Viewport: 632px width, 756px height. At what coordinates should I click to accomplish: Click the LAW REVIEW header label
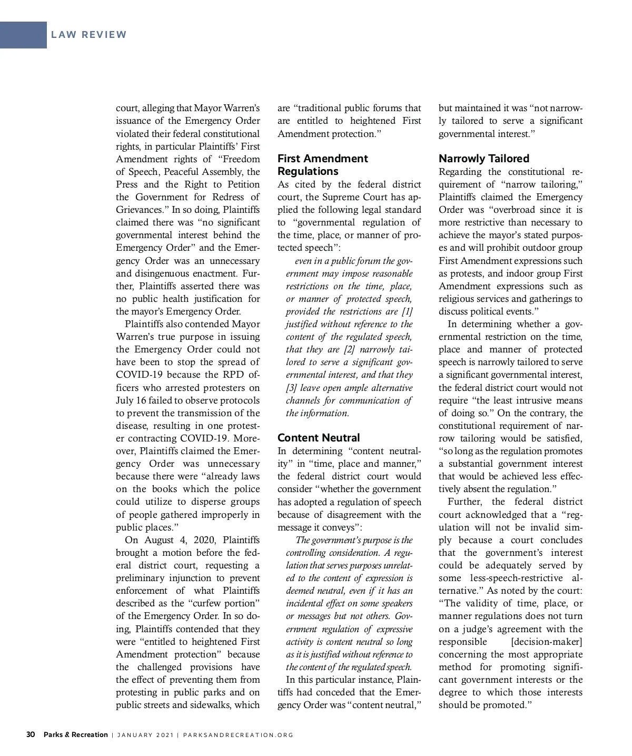(x=89, y=35)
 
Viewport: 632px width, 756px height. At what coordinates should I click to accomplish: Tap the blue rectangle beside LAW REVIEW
(x=23, y=35)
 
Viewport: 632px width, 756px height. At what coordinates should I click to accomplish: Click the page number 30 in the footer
(x=31, y=734)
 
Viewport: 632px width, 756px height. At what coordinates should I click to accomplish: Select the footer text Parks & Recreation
(x=76, y=734)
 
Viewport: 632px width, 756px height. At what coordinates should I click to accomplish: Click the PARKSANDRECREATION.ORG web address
(x=238, y=735)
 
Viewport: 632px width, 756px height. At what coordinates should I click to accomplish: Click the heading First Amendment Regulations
(x=322, y=165)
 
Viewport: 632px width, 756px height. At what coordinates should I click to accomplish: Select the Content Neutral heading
(x=319, y=438)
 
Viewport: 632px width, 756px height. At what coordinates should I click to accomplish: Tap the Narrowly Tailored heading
(x=484, y=159)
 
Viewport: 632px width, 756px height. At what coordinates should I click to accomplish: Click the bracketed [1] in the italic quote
(x=407, y=311)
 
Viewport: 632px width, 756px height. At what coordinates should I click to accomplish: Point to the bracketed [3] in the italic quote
(x=291, y=388)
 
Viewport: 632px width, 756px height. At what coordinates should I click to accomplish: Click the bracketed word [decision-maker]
(x=547, y=642)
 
